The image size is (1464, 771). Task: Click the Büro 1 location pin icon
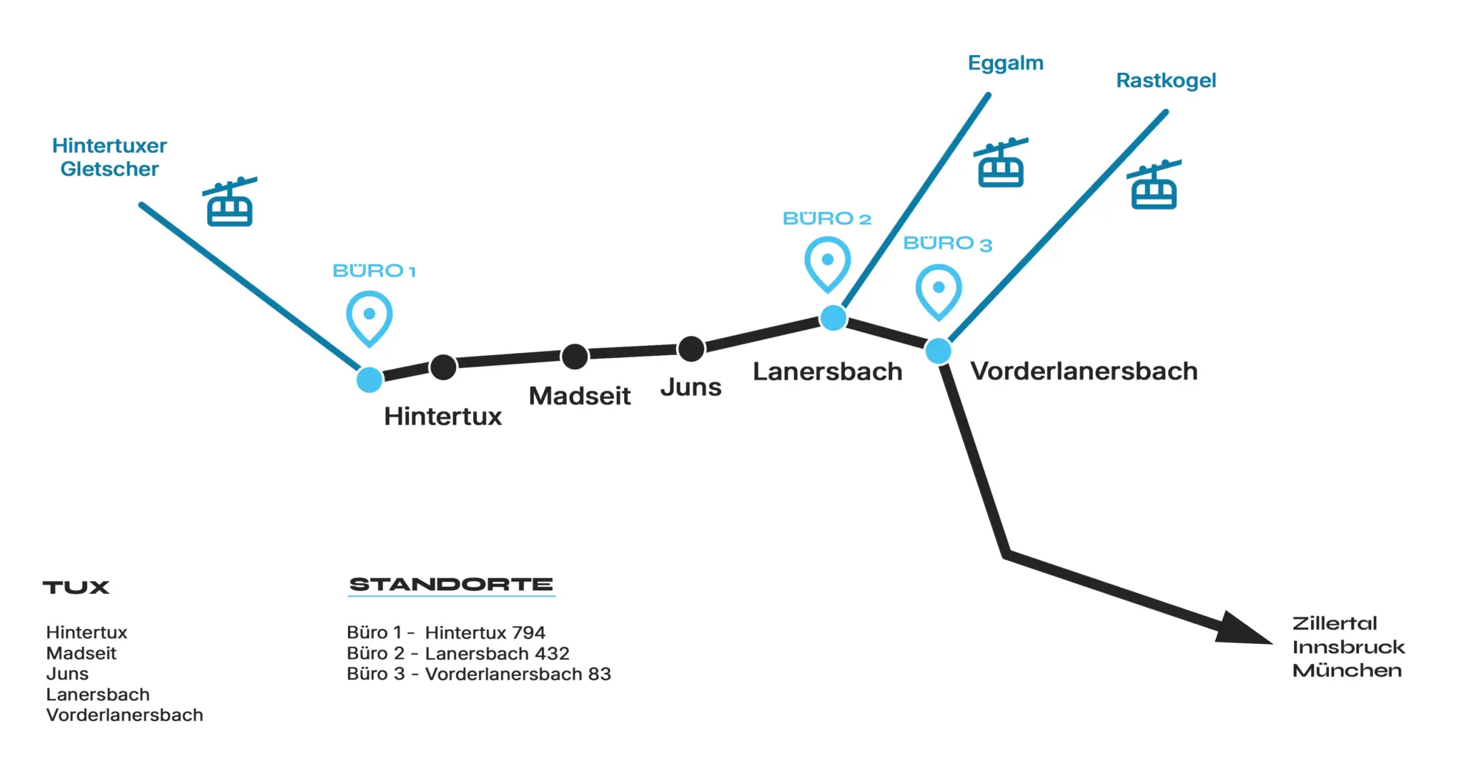click(x=369, y=317)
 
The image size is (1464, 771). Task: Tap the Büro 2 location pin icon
click(x=827, y=263)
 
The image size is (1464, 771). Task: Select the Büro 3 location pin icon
click(x=939, y=290)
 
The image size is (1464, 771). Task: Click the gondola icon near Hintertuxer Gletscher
click(x=229, y=203)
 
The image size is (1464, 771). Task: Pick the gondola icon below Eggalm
click(x=1001, y=164)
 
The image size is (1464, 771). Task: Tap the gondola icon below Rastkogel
click(x=1154, y=186)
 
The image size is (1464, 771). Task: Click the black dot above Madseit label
click(x=575, y=356)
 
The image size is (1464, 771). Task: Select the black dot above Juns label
click(x=691, y=349)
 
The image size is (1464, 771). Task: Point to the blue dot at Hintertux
click(x=370, y=379)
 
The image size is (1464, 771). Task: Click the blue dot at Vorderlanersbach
click(x=938, y=351)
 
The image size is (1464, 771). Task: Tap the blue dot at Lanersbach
click(x=833, y=318)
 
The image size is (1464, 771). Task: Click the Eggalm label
click(x=1005, y=64)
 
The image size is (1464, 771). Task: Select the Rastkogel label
click(x=1165, y=81)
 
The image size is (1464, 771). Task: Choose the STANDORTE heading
click(x=451, y=585)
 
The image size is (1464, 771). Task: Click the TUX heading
click(x=76, y=587)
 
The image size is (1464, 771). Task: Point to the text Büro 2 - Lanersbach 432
click(x=457, y=653)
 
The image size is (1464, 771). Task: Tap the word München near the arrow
click(x=1347, y=670)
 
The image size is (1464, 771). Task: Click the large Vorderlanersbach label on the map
click(x=1083, y=372)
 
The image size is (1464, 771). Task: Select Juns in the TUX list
click(x=67, y=674)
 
